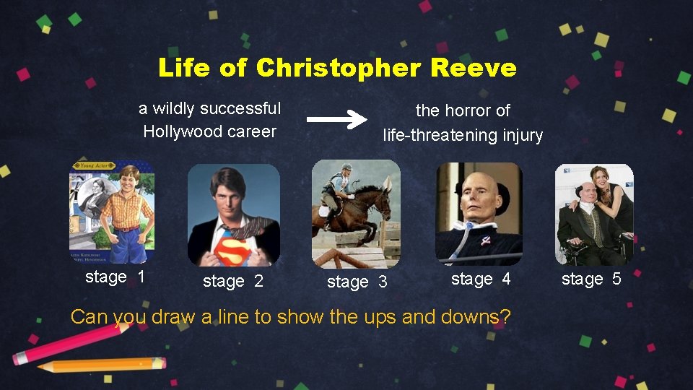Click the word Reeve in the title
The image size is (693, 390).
474,68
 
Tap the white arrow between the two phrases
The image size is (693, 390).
336,120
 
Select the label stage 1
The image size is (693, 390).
115,277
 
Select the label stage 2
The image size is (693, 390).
233,282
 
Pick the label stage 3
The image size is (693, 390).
357,282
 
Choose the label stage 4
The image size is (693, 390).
481,279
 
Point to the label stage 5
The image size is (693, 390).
591,279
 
